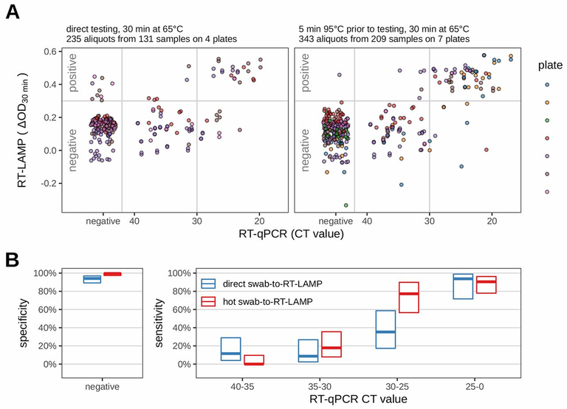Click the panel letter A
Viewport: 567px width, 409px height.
click(12, 13)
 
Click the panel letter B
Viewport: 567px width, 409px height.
click(12, 259)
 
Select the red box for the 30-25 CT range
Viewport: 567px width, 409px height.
click(409, 297)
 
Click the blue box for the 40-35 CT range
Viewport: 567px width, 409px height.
click(231, 349)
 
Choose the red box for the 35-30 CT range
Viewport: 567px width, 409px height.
click(331, 344)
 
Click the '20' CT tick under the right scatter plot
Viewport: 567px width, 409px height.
click(492, 220)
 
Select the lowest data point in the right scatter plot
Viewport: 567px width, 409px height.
click(346, 205)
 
